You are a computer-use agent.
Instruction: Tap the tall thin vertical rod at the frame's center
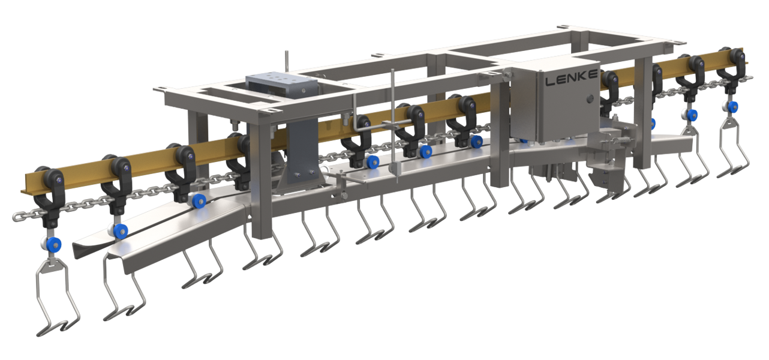(392, 120)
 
